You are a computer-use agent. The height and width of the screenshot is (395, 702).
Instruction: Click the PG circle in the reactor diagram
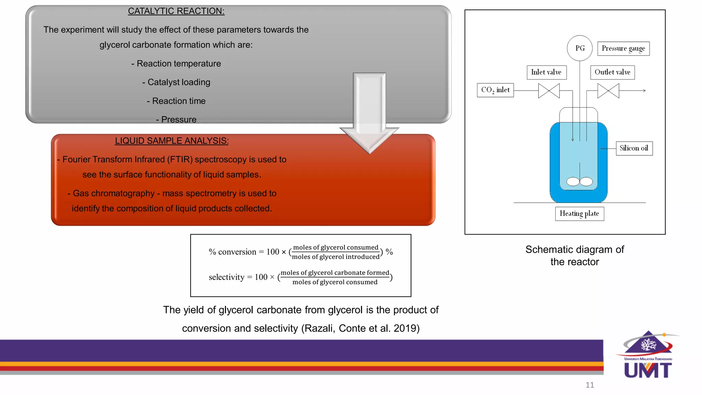coord(580,48)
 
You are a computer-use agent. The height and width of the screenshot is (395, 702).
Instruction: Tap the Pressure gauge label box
coord(623,48)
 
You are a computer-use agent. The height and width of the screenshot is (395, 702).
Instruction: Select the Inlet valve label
coord(546,72)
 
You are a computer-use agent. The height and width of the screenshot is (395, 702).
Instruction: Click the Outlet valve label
coord(612,72)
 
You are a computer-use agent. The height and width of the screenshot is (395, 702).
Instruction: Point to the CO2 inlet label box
coord(495,90)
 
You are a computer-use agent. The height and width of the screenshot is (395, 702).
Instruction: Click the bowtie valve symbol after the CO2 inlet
coord(549,91)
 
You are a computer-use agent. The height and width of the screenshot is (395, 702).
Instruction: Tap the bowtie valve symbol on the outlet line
coord(608,91)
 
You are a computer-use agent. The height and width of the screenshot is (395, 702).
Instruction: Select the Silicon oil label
coord(634,148)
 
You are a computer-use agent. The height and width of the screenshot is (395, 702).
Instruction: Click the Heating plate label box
coord(579,214)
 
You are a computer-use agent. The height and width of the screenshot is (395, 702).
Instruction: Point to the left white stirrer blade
coord(573,182)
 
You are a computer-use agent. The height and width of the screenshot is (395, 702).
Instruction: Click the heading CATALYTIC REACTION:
coord(176,11)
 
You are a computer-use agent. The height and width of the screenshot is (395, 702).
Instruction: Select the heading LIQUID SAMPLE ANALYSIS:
coord(172,141)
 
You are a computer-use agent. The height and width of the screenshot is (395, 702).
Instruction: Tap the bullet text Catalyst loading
coord(179,82)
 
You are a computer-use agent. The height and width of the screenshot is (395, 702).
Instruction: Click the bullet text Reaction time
coord(179,101)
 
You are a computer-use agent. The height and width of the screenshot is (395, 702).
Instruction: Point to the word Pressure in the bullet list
coord(179,120)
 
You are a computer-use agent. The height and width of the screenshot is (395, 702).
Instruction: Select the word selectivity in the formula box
coord(226,277)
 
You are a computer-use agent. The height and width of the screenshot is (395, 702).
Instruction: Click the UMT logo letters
coord(647,370)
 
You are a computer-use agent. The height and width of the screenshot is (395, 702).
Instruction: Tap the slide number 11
coord(590,385)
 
